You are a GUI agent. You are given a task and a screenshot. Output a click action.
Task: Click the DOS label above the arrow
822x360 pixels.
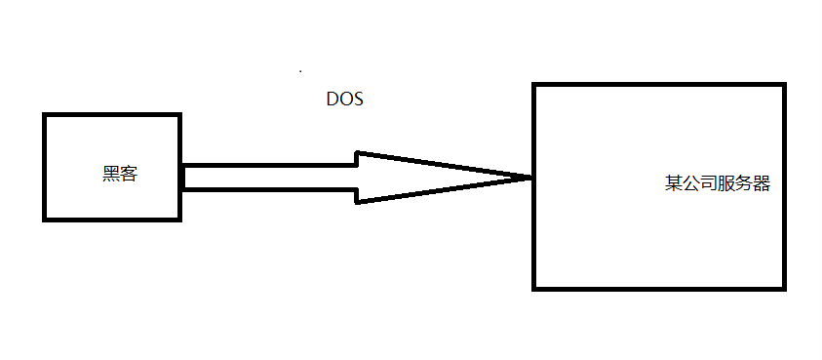[344, 100]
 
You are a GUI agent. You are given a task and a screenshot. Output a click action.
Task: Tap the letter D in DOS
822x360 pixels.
[333, 100]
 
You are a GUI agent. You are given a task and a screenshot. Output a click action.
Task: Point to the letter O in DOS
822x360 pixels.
[344, 100]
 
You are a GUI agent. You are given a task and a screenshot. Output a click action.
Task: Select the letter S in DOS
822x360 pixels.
[357, 100]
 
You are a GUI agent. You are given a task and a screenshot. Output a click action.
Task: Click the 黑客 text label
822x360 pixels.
[120, 175]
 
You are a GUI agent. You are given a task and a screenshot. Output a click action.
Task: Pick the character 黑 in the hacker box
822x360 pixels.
[111, 175]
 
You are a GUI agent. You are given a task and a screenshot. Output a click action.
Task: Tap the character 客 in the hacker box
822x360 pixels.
[129, 175]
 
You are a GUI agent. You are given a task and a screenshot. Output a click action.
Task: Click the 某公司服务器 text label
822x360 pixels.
[718, 183]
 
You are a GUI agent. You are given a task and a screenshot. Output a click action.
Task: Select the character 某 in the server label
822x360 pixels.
[674, 183]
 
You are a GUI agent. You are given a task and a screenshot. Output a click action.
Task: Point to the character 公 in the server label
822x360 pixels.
[691, 183]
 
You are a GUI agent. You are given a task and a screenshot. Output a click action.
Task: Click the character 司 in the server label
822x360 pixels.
[709, 183]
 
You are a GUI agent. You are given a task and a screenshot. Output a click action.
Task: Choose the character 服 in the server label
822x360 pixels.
[726, 183]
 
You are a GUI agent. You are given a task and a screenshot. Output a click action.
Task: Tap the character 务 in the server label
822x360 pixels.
[744, 183]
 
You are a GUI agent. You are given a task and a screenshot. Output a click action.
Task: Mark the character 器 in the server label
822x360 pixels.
[762, 183]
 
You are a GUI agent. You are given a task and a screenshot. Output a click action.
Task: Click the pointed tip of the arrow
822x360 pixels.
[529, 178]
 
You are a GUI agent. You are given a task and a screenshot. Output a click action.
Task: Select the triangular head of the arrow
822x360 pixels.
[410, 177]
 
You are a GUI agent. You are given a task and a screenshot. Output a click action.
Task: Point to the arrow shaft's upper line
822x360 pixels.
[268, 166]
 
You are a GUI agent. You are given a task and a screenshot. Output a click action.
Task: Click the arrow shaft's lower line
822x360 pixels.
[268, 188]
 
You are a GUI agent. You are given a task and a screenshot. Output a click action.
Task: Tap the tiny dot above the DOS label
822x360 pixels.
[300, 71]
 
